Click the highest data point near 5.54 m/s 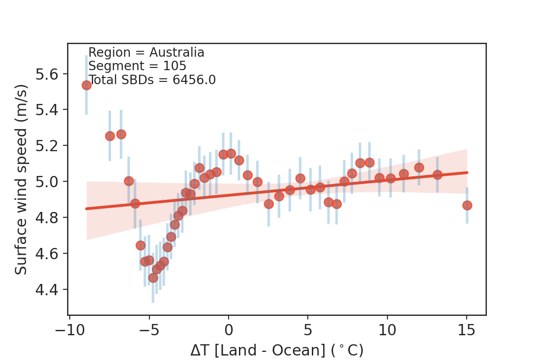tap(86, 85)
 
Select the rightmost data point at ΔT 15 tap(467, 205)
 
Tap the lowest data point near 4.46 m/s tap(153, 278)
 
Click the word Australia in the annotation tap(177, 53)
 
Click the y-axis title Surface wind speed tap(21, 179)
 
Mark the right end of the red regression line tap(468, 172)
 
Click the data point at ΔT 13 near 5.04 tap(437, 175)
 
